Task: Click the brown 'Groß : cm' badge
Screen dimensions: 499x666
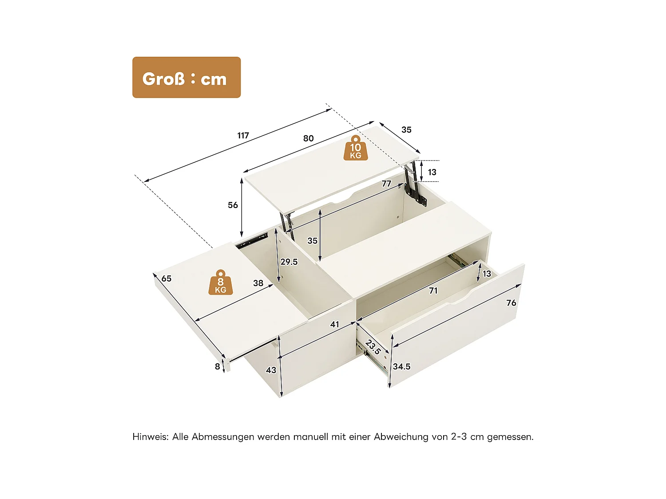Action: [186, 78]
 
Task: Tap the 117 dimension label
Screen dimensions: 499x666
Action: [243, 135]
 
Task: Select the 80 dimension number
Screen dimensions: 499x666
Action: [308, 138]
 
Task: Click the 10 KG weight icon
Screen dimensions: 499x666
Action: [355, 148]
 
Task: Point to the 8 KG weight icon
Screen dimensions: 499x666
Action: [220, 283]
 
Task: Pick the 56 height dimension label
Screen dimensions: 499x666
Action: [233, 205]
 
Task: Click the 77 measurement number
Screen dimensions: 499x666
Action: [386, 184]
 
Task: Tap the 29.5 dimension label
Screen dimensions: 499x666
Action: [289, 262]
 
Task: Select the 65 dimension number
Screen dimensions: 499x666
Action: [166, 279]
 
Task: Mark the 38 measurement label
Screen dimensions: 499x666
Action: [258, 283]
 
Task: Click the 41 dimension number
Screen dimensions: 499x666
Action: [334, 325]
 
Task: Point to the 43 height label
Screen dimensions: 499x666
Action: [271, 370]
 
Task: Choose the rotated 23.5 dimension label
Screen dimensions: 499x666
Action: [373, 347]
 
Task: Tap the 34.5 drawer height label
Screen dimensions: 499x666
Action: [401, 366]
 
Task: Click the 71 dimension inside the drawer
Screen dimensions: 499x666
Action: [433, 291]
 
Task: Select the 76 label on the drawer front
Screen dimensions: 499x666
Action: [511, 303]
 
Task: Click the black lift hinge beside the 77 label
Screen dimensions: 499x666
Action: [413, 186]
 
